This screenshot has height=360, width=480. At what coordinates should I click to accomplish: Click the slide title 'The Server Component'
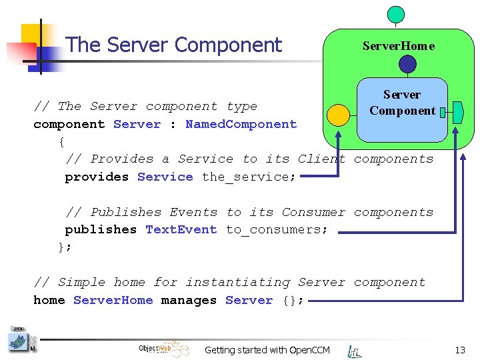coord(174,45)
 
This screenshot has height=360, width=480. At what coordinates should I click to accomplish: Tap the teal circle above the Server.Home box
coord(396,14)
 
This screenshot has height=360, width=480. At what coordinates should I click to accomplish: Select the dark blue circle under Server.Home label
coord(407,64)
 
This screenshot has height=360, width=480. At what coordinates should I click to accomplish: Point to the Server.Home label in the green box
coord(398,46)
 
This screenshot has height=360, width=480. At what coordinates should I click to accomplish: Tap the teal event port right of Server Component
coord(458,111)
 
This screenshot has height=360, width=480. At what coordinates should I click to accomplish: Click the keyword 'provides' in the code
coord(96,177)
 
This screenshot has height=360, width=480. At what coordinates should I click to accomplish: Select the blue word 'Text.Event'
coord(181,229)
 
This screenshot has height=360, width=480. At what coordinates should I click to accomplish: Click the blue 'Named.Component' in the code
coord(241,124)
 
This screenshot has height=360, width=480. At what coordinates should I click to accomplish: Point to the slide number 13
coord(459,350)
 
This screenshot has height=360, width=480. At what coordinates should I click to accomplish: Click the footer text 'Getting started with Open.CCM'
coord(267,350)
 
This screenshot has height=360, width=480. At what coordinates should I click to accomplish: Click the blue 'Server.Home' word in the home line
coord(113,300)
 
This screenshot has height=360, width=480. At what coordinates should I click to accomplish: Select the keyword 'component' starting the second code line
coord(69,124)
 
